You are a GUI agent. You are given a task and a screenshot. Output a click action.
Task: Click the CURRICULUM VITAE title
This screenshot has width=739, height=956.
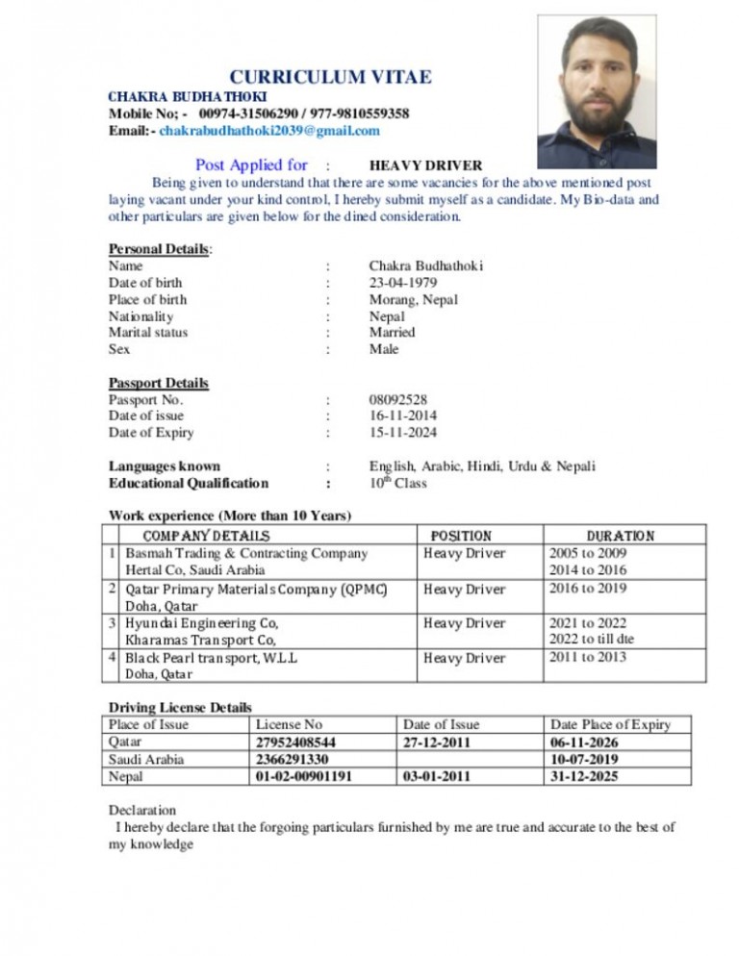pos(330,77)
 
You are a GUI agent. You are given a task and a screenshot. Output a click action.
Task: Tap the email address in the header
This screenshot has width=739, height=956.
pos(269,130)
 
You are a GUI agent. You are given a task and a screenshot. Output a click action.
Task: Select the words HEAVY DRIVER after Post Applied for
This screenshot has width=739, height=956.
pos(425,165)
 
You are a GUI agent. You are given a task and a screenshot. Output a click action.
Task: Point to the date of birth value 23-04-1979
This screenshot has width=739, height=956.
pos(403,283)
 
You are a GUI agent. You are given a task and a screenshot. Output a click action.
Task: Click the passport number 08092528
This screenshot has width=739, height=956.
pos(398,399)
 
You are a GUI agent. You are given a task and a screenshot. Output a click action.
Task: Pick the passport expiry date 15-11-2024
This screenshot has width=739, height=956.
pos(403,433)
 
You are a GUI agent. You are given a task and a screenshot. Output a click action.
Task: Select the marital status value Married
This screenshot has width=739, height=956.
pos(393,333)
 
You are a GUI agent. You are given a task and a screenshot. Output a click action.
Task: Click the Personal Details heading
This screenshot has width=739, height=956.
pos(160,249)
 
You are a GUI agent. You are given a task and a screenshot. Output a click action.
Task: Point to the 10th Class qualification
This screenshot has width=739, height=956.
pos(397,483)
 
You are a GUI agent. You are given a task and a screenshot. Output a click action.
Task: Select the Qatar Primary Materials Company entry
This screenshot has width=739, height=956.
pos(256,589)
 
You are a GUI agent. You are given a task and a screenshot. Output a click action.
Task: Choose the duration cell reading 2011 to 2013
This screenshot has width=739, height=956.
pos(587,657)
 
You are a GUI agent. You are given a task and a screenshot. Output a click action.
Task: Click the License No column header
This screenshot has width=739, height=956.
pos(289,724)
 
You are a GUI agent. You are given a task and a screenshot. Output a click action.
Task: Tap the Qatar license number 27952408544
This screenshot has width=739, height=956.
pos(298,742)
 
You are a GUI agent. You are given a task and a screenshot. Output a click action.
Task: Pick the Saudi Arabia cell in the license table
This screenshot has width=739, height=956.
pos(147,759)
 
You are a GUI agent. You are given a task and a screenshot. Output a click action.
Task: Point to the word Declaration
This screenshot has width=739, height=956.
pos(142,810)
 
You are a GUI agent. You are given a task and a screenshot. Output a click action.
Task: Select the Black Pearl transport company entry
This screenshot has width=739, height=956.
pos(212,658)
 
